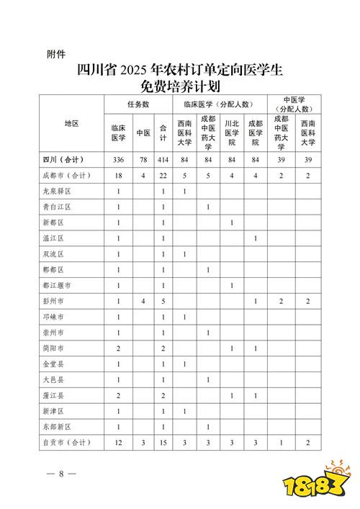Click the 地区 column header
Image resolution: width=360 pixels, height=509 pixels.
(71, 124)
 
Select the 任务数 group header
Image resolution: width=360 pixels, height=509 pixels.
(138, 104)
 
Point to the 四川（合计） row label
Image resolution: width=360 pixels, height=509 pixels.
(63, 159)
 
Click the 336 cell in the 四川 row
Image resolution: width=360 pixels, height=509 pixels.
(118, 159)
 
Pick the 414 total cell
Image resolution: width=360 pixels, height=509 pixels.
(163, 159)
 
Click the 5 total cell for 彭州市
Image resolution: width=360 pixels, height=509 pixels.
(163, 302)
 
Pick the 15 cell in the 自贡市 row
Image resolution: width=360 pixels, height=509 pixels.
(163, 443)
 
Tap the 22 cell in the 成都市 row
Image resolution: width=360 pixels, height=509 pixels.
(163, 175)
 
